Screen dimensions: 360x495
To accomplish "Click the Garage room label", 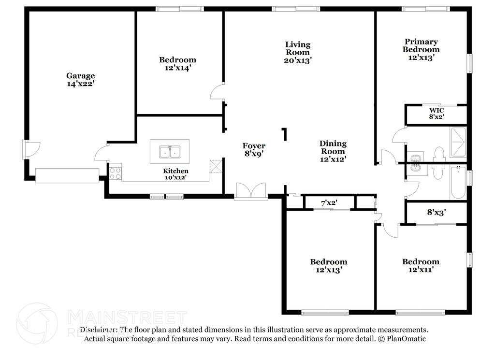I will [x=80, y=75].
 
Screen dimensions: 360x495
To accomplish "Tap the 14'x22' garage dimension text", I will [x=80, y=83].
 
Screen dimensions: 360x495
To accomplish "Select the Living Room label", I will [x=297, y=48].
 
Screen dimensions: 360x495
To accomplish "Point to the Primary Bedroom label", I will [x=421, y=45].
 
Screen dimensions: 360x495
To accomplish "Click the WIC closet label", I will [x=437, y=110].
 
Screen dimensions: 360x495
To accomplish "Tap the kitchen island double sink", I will [x=169, y=152].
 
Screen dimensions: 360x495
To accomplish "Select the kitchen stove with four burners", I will [x=115, y=173].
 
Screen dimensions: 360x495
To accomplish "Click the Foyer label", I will [x=254, y=146].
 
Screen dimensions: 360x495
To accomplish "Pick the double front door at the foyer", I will [x=250, y=191].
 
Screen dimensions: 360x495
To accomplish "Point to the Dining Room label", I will [x=333, y=147].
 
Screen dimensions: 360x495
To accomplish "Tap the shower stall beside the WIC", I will [x=457, y=142].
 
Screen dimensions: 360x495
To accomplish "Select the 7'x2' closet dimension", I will [x=329, y=202].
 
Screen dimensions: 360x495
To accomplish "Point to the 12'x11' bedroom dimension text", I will [x=421, y=270].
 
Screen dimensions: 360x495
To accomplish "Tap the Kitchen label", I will [x=175, y=171].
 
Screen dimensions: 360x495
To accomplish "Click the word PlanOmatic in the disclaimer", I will [x=405, y=339].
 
